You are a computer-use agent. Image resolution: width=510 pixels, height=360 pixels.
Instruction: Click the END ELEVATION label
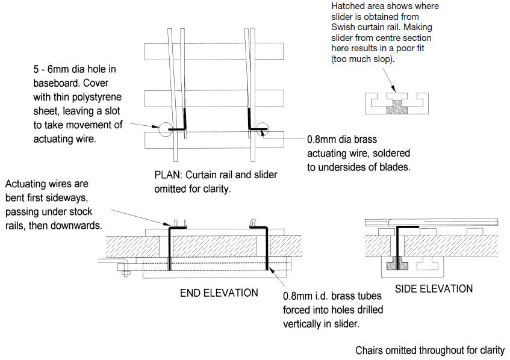click(219, 293)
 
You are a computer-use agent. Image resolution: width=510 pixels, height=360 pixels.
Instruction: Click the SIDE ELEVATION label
click(434, 289)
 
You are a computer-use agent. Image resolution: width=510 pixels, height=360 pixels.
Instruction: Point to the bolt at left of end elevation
click(126, 273)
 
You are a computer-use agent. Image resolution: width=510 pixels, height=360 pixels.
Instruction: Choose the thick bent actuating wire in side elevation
click(398, 241)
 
